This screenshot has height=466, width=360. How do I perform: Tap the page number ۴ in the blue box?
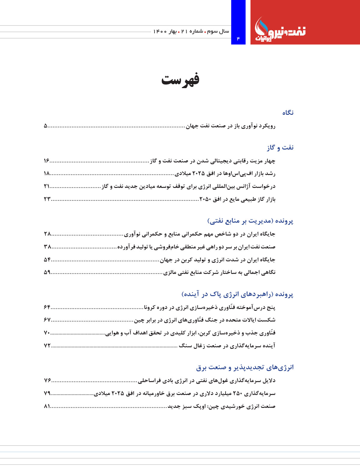pos(238,38)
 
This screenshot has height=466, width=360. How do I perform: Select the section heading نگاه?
pos(288,113)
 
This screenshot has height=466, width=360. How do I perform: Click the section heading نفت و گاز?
pos(280,147)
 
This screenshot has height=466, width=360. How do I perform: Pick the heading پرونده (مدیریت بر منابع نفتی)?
pos(250,221)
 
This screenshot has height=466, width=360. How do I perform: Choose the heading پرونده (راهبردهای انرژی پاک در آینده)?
pos(237,294)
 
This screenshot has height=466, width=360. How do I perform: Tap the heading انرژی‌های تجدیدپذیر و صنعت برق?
pos(245,367)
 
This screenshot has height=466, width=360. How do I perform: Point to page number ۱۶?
pos(46,161)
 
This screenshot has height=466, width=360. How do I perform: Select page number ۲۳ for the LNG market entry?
pos(47,199)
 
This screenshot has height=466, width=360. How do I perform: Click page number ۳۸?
pos(47,247)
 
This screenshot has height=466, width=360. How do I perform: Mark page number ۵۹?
pos(47,272)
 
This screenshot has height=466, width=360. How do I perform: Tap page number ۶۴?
pos(47,307)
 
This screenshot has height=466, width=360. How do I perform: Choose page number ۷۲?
pos(47,346)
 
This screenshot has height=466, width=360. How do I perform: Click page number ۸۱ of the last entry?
pos(47,406)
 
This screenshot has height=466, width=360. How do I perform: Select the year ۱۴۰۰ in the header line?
pos(160,31)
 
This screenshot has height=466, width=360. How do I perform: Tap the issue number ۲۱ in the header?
pos(184,31)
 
